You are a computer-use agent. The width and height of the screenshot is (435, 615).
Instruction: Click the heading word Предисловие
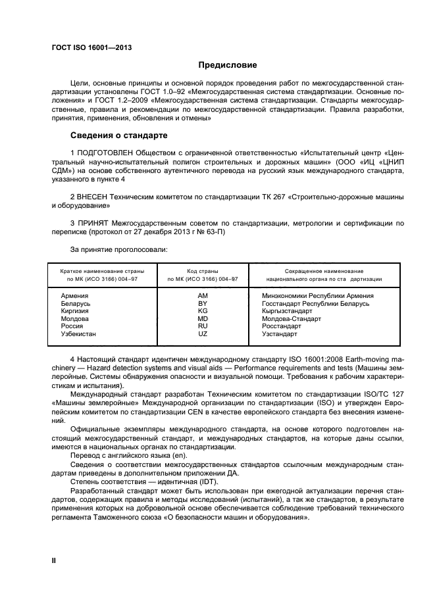[x=228, y=65]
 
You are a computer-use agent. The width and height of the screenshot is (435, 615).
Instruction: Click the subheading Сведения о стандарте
[x=118, y=135]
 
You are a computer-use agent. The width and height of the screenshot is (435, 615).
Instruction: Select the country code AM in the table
[x=203, y=296]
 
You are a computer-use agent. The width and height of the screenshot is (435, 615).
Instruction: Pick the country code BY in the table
[x=203, y=304]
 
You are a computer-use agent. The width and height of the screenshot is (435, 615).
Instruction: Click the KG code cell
[x=203, y=311]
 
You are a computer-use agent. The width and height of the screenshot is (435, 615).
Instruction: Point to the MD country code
[x=203, y=319]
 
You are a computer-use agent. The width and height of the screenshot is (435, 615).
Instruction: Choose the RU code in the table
[x=203, y=326]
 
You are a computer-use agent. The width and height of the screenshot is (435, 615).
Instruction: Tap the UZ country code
[x=203, y=334]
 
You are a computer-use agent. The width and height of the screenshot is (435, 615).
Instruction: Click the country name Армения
[x=74, y=296]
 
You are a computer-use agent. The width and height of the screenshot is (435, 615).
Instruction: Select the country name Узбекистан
[x=78, y=334]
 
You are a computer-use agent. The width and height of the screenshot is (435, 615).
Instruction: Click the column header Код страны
[x=203, y=271]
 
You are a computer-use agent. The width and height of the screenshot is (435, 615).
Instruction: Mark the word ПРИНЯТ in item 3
[x=93, y=224]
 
